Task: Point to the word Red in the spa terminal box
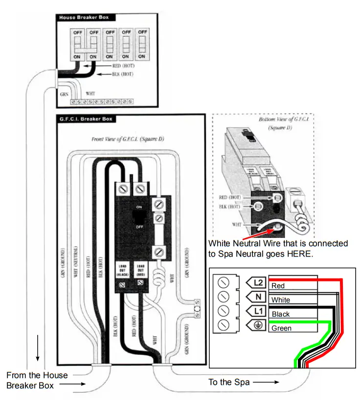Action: click(278, 286)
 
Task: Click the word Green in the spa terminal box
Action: click(281, 329)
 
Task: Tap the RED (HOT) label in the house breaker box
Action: click(123, 65)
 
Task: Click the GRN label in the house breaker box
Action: click(64, 93)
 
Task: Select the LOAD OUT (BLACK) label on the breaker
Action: click(123, 271)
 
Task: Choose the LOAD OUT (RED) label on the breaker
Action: click(140, 271)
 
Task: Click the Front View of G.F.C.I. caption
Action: click(128, 140)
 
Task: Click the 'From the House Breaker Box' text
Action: click(37, 380)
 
